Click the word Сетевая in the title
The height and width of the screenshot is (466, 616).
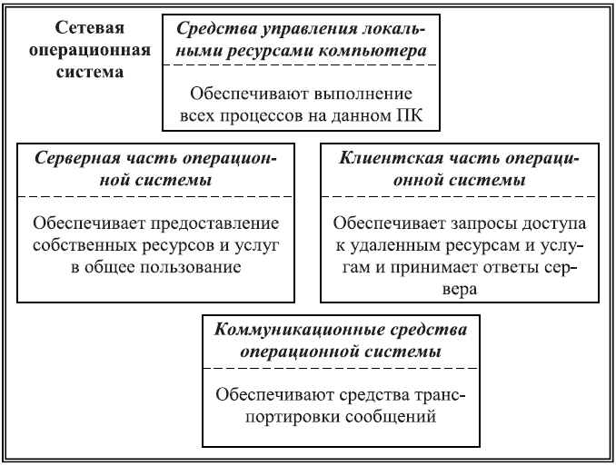coord(90,27)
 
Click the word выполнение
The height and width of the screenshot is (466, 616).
coord(363,94)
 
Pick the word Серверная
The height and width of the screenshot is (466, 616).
coord(78,158)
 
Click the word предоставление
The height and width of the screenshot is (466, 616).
coord(214,223)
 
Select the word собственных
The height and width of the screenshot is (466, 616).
coord(84,245)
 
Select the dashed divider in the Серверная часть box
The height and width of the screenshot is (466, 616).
coord(155,196)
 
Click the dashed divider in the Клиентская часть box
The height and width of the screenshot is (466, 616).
coord(459,196)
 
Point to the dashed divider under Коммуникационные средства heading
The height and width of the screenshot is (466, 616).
coord(341,368)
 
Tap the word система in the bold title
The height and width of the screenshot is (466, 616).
coord(90,73)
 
